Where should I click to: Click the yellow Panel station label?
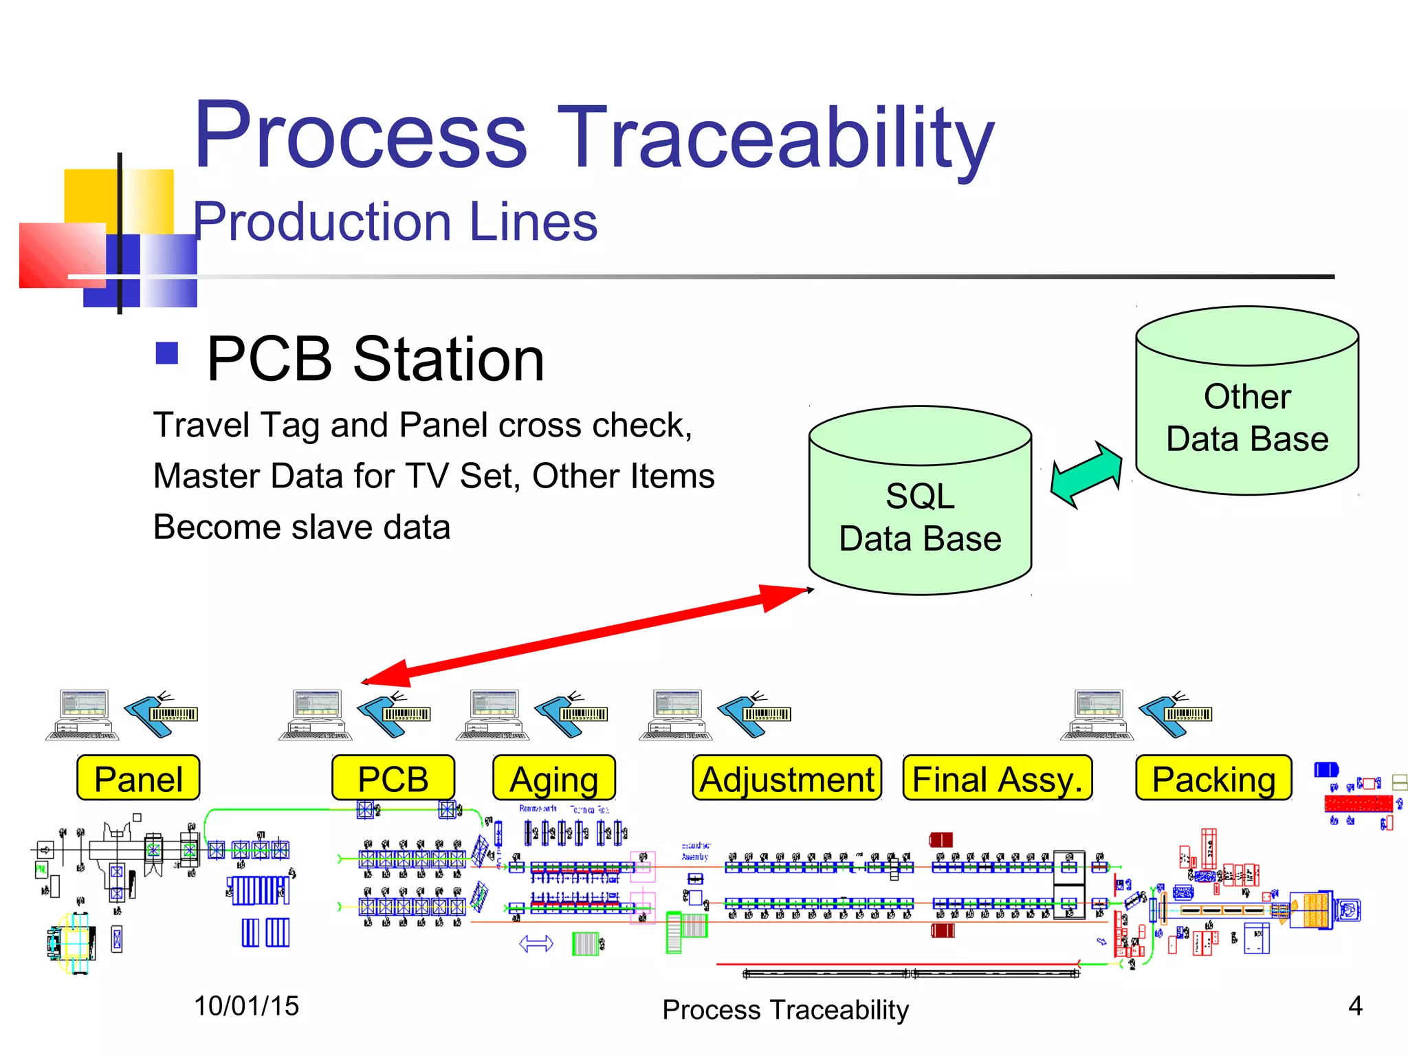click(138, 778)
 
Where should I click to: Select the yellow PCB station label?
click(393, 778)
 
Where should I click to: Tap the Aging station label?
click(554, 778)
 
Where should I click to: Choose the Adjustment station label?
click(787, 778)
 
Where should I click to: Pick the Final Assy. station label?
click(998, 778)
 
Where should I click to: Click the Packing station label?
click(1213, 778)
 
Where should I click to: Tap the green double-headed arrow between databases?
click(1086, 474)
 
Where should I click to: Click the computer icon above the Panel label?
click(82, 715)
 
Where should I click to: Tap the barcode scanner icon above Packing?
click(1176, 715)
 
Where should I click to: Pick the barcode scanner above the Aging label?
click(571, 715)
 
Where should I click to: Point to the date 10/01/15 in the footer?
click(246, 1006)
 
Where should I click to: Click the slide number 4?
click(1355, 1006)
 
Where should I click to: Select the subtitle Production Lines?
click(395, 221)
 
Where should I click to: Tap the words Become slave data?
click(302, 527)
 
